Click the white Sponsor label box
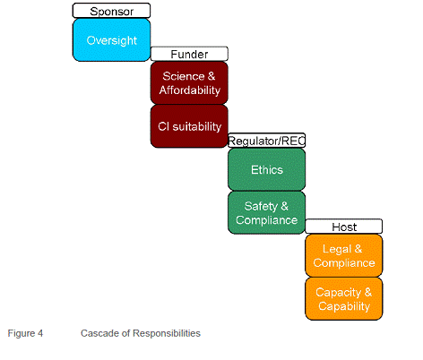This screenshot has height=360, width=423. [x=111, y=11]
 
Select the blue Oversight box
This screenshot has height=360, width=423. [x=111, y=40]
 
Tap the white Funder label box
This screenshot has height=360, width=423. [x=189, y=54]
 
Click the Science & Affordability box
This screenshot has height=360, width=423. [x=189, y=83]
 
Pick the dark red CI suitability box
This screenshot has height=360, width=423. [x=189, y=126]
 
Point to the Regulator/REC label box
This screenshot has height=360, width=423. [x=266, y=141]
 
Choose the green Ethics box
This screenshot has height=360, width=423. [x=266, y=169]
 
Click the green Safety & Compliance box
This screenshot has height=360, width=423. [x=266, y=212]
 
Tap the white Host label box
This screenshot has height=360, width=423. [x=344, y=227]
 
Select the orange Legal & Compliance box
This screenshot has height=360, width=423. [x=344, y=255]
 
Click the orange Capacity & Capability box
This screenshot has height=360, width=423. [x=344, y=299]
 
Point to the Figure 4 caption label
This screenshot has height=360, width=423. [x=25, y=333]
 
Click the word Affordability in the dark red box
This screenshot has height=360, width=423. [x=190, y=90]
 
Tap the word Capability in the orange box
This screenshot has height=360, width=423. [x=344, y=306]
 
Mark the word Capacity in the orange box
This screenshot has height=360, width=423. [x=339, y=293]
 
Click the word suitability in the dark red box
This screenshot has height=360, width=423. [x=197, y=126]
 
